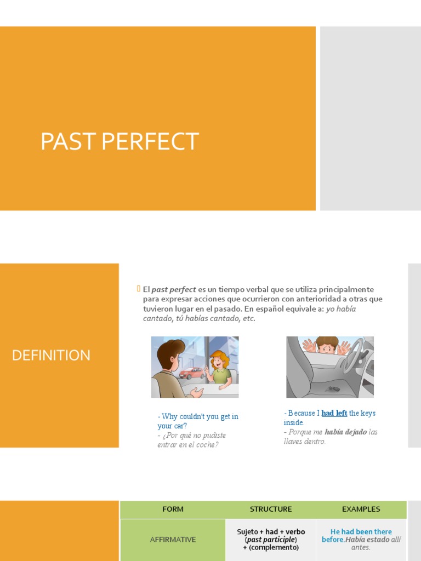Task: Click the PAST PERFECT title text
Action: (x=119, y=142)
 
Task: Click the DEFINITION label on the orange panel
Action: (x=51, y=355)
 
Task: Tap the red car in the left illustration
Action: (x=192, y=373)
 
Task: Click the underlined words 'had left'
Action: (x=334, y=413)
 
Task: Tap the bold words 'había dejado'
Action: (x=345, y=432)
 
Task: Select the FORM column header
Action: (x=173, y=509)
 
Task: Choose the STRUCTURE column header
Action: (x=271, y=509)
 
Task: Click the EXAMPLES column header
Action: (x=361, y=509)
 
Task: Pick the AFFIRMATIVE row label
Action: (x=173, y=540)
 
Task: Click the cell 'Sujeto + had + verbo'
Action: (x=271, y=531)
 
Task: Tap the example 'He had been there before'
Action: (x=361, y=535)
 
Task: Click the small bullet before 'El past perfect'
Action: (x=139, y=289)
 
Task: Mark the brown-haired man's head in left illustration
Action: (x=171, y=353)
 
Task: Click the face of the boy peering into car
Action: (x=327, y=347)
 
